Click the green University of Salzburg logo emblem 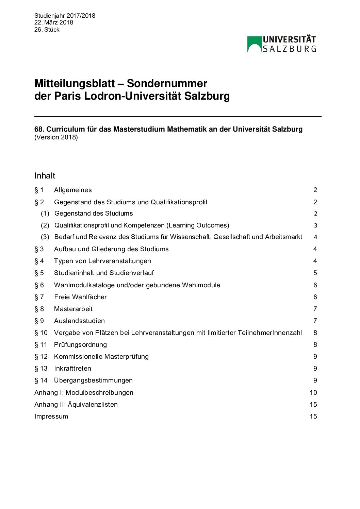(255, 44)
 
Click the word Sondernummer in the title (167, 84)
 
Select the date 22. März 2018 (54, 22)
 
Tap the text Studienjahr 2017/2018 (65, 16)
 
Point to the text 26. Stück (47, 30)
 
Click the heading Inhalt (45, 176)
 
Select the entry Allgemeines (73, 190)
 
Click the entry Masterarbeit (73, 309)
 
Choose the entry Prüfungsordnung (80, 345)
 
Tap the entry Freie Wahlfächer (80, 297)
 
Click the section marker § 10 (41, 333)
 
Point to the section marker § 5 (39, 273)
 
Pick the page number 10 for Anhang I (313, 393)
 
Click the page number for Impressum (313, 417)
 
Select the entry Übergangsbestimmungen (93, 380)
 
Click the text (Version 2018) (56, 137)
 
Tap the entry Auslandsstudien (79, 321)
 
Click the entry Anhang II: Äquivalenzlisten (76, 405)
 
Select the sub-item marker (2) (45, 225)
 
